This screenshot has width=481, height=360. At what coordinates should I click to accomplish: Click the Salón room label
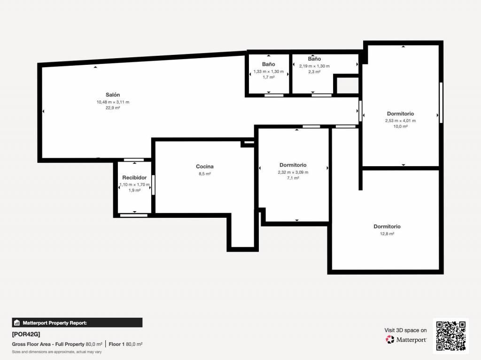click(113, 95)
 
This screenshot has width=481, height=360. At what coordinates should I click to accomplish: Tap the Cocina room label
click(205, 167)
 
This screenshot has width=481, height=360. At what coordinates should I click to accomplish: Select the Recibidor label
click(134, 177)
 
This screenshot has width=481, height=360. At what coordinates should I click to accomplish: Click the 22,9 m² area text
click(113, 108)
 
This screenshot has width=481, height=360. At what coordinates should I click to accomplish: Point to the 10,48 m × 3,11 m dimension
click(113, 102)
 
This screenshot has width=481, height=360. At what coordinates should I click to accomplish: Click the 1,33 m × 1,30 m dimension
click(268, 71)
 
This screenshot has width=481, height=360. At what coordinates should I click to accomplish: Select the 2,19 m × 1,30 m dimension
click(314, 66)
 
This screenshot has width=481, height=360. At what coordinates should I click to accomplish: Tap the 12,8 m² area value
click(387, 234)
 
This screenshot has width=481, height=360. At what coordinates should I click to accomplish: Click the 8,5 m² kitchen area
click(205, 174)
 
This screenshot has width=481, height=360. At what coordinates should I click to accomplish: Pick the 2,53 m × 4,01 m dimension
click(400, 121)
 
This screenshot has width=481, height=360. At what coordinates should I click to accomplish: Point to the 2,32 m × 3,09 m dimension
click(293, 172)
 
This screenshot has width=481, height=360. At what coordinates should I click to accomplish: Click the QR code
click(451, 336)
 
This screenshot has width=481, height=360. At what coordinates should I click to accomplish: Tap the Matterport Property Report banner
click(78, 322)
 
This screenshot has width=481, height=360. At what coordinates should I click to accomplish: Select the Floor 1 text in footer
click(116, 345)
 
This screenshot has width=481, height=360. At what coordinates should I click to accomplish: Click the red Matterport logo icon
click(390, 339)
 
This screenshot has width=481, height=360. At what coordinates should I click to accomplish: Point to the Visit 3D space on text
click(405, 330)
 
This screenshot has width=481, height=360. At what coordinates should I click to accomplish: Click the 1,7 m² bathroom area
click(268, 77)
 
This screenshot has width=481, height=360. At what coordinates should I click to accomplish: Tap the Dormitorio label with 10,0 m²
click(400, 114)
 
